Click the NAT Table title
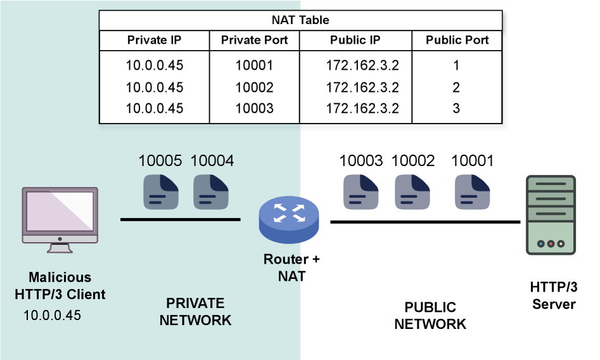300,20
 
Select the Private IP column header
154,40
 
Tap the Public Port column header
457,40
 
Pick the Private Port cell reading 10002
254,87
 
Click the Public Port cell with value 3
456,108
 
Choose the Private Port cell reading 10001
254,65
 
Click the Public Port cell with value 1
456,65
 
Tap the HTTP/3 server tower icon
551,215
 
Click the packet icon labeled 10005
160,191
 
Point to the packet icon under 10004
212,191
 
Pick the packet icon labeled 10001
472,191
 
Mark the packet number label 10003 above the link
361,161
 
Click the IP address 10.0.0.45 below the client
53,315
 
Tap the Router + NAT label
291,267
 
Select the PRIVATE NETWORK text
195,311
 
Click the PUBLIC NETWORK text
430,316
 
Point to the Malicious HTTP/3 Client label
60,286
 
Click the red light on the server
551,243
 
